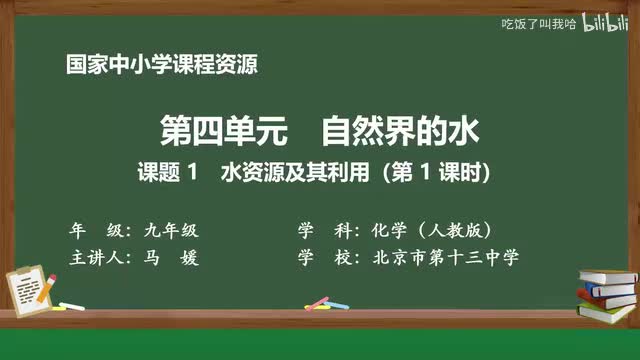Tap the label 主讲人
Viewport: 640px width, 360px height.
(x=97, y=257)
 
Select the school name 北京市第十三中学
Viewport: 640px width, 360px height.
(x=445, y=257)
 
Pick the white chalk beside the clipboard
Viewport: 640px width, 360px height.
(x=71, y=306)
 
